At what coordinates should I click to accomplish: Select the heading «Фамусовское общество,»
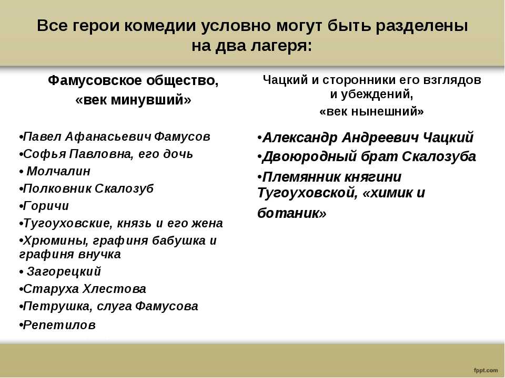(133, 80)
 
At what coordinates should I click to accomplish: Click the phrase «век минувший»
(133, 100)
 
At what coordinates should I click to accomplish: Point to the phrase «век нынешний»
(372, 111)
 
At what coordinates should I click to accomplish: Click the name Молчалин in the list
(58, 171)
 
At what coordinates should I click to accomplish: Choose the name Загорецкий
(64, 271)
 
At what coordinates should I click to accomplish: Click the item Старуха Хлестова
(85, 289)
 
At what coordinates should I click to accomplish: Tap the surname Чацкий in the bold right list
(448, 138)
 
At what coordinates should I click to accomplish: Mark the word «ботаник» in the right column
(288, 213)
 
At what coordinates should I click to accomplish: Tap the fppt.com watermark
(486, 370)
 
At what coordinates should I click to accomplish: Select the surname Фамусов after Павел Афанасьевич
(182, 136)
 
